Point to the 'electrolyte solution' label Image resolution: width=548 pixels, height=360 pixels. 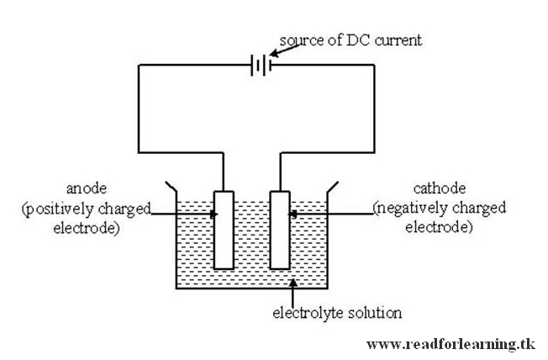(336, 313)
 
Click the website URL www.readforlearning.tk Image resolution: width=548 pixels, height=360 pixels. (451, 344)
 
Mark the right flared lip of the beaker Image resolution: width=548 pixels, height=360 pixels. (333, 186)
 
